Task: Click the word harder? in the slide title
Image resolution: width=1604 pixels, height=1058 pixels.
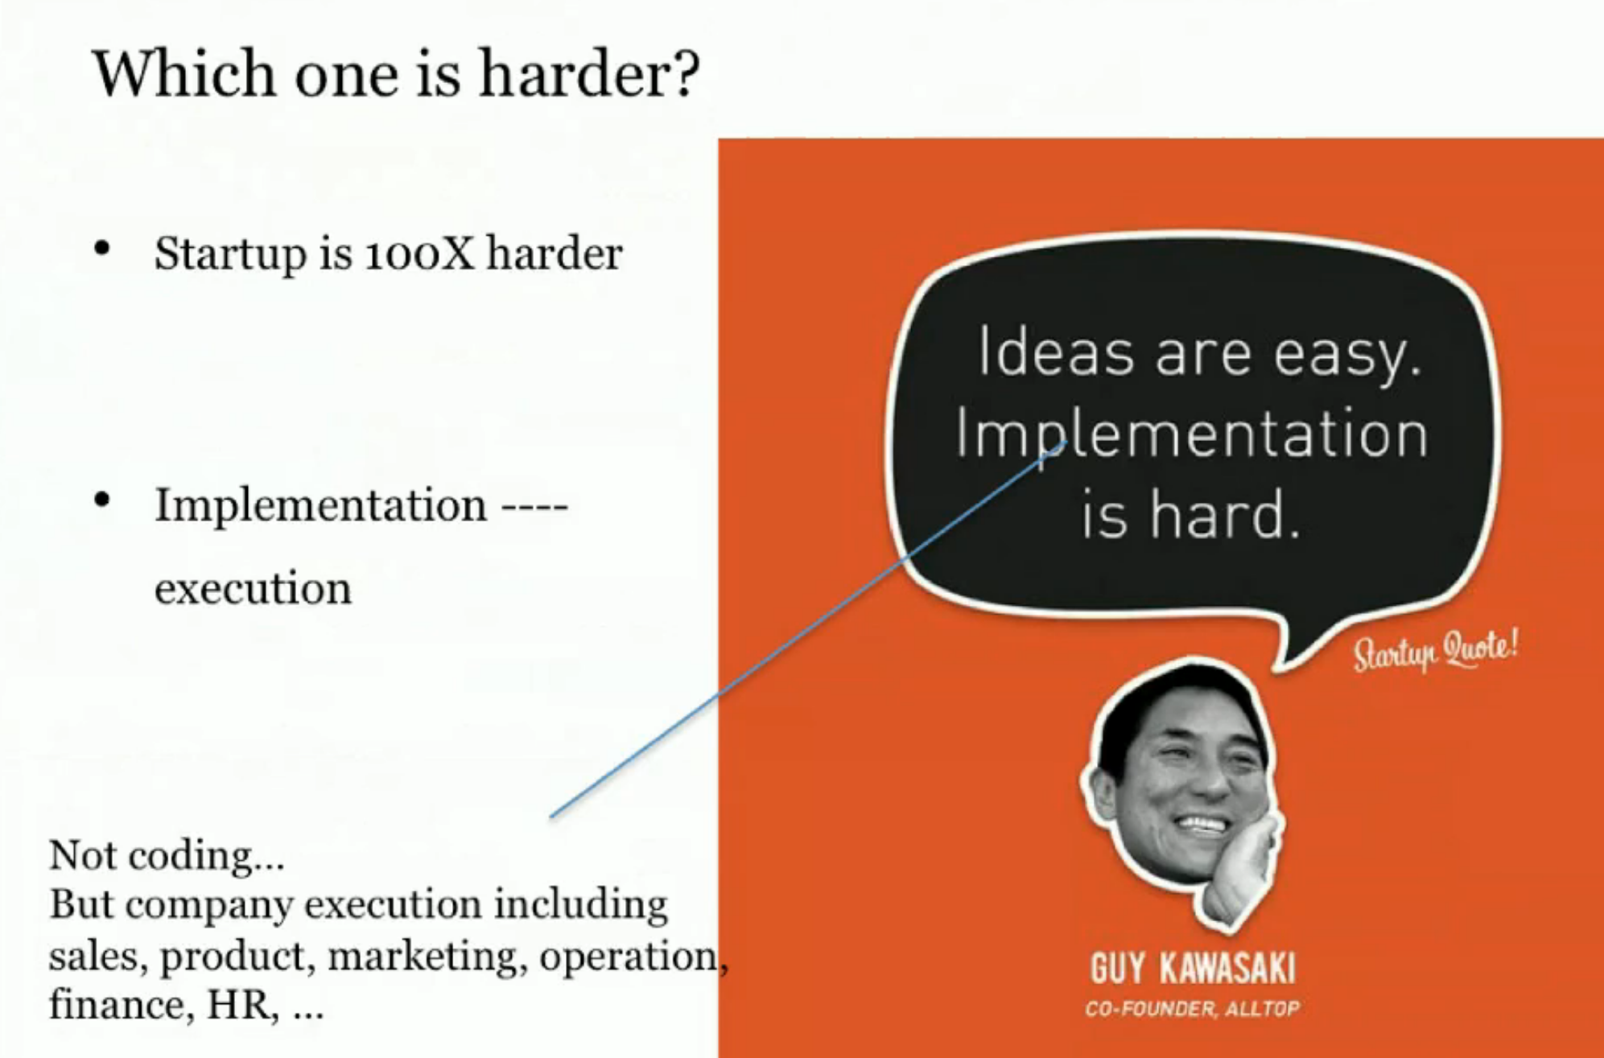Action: tap(589, 73)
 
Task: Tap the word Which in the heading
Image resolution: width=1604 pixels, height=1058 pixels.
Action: tap(184, 73)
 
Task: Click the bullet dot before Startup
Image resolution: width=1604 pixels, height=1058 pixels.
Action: tap(101, 248)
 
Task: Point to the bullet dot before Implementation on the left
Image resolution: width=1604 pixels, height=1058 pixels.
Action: tap(101, 500)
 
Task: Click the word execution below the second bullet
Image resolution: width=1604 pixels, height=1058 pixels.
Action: tap(253, 588)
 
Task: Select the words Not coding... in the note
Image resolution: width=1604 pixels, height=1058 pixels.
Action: tap(167, 855)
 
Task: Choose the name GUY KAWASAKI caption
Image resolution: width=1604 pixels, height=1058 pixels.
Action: tap(1193, 967)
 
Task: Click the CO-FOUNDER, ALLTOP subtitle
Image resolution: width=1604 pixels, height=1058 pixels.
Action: tap(1192, 1009)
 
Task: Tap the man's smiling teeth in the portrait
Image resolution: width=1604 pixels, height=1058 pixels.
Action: tap(1202, 825)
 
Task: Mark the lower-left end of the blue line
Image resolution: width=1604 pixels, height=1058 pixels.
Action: tap(550, 817)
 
